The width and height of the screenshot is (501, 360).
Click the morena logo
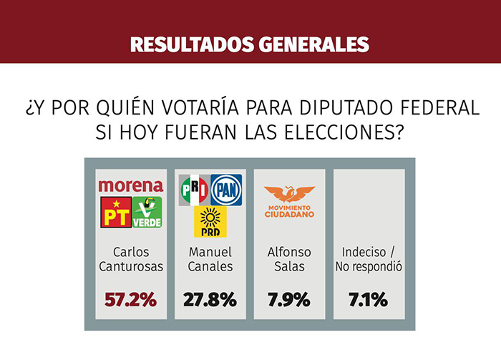pyautogui.click(x=131, y=186)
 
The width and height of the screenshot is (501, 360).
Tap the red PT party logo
pyautogui.click(x=116, y=212)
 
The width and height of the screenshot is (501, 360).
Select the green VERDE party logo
pyautogui.click(x=147, y=212)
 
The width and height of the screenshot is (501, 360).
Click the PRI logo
pyautogui.click(x=194, y=190)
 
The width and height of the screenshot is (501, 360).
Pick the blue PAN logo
pyautogui.click(x=226, y=190)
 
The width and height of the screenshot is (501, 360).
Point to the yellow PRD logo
pyautogui.click(x=210, y=222)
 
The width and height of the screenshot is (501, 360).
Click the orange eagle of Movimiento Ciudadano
pyautogui.click(x=289, y=194)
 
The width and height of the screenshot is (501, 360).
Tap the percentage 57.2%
pyautogui.click(x=131, y=300)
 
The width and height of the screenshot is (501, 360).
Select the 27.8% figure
pyautogui.click(x=210, y=300)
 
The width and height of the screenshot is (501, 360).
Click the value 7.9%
pyautogui.click(x=289, y=300)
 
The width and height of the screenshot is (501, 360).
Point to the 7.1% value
pyautogui.click(x=369, y=300)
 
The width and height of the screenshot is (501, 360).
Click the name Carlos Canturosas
pyautogui.click(x=131, y=259)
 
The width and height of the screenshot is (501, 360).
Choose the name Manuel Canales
pyautogui.click(x=210, y=259)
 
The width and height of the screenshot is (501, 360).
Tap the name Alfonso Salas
pyautogui.click(x=289, y=259)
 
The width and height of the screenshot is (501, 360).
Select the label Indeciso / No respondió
pyautogui.click(x=369, y=259)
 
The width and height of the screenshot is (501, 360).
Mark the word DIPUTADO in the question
pyautogui.click(x=346, y=107)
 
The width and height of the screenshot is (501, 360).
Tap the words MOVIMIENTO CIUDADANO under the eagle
pyautogui.click(x=289, y=211)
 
